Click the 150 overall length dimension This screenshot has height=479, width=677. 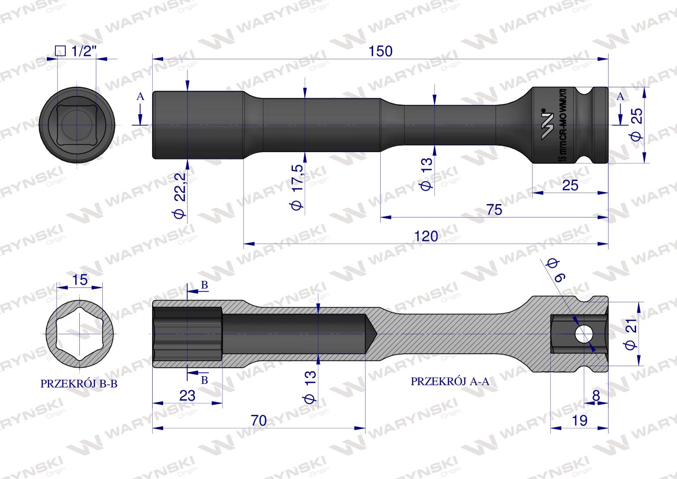(381, 51)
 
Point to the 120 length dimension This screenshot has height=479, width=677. (426, 236)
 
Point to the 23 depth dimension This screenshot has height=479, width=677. (187, 395)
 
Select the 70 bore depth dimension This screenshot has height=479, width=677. (258, 420)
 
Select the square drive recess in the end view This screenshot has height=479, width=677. (77, 124)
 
